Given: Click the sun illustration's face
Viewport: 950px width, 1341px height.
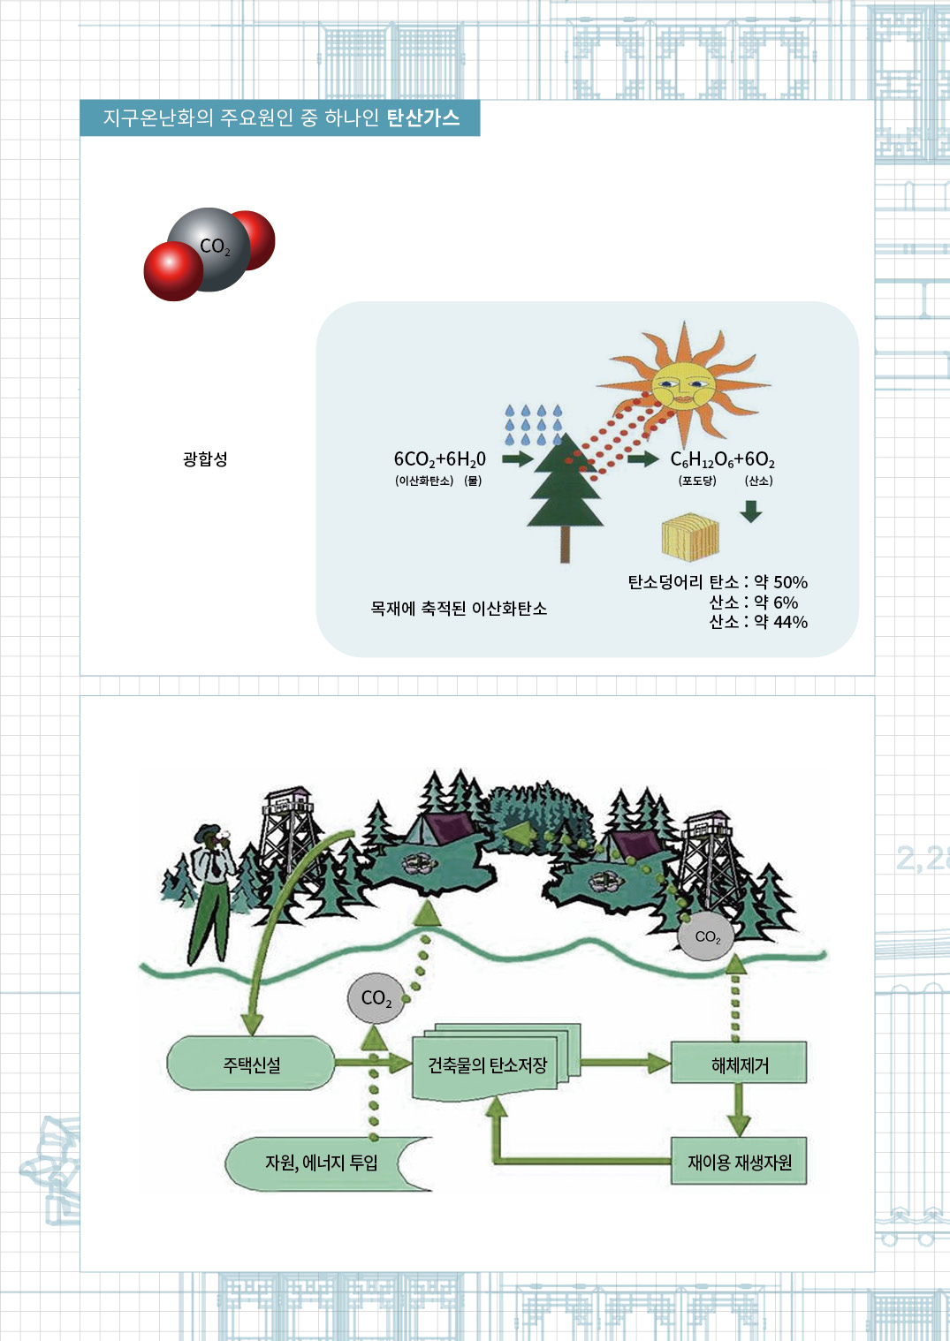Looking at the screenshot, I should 683,385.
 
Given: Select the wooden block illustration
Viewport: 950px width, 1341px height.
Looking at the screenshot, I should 690,535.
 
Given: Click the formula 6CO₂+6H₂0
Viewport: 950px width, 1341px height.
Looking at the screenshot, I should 439,459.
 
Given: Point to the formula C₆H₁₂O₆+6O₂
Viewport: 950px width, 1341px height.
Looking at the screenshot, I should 722,459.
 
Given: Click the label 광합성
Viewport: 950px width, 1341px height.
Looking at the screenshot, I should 205,459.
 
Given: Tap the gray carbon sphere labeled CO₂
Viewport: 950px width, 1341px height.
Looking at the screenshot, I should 210,249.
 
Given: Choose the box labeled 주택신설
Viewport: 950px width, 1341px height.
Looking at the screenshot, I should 251,1064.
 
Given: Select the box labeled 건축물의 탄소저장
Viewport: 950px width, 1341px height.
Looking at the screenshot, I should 488,1065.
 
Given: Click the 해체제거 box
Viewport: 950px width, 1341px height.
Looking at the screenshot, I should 740,1064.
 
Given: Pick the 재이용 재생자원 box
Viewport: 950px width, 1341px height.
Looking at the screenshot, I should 740,1162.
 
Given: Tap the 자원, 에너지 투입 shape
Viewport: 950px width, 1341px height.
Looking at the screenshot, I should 322,1163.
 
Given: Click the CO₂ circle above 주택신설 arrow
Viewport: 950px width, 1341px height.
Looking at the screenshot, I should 376,998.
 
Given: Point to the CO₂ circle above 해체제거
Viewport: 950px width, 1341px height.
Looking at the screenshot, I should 707,937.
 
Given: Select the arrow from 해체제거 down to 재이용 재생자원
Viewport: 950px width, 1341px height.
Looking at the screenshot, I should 740,1110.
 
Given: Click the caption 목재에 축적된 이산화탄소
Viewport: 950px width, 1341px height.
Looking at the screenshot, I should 459,609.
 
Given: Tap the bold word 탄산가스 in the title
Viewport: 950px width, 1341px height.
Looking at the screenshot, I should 423,117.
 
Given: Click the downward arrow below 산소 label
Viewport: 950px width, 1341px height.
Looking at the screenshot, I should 751,511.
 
